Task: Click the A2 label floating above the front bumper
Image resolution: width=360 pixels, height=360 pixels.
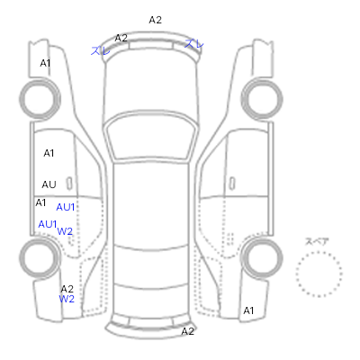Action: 156,20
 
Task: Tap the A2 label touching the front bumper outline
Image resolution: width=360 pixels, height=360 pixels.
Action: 121,38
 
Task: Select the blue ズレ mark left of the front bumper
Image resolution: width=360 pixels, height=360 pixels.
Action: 101,50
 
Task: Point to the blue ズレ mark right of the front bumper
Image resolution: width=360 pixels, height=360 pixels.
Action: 194,44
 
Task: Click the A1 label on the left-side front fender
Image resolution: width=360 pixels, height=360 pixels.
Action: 45,63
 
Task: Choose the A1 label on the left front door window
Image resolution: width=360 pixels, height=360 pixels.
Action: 49,153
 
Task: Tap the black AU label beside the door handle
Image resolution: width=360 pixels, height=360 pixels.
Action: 49,184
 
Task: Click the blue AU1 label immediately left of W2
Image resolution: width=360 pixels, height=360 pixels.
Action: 48,224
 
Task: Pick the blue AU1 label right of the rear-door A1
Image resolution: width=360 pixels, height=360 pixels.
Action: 66,207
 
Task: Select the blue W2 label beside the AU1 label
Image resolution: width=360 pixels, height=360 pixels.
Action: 65,231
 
